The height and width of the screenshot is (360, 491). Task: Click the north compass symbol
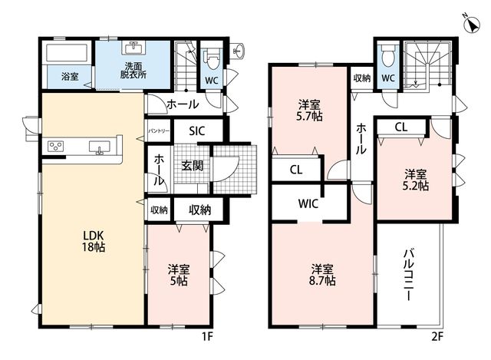[471, 23]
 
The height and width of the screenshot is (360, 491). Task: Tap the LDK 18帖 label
[94, 241]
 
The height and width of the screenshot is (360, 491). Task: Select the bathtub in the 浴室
[67, 53]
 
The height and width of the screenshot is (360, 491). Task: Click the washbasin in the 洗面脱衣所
[133, 48]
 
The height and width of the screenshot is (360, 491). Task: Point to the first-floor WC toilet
[212, 59]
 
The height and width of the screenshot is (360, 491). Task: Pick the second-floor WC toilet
[388, 56]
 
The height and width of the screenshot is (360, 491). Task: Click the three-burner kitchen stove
[55, 147]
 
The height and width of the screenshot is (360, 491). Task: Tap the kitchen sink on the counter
[99, 147]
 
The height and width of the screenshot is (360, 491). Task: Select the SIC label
[196, 130]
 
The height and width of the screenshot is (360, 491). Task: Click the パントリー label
[159, 130]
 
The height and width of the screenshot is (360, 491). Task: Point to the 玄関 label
[193, 166]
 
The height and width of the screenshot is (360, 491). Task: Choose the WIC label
[308, 203]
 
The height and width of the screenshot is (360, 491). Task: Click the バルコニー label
[407, 275]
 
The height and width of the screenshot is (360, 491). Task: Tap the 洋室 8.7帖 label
[322, 275]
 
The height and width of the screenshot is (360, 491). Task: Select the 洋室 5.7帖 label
[309, 110]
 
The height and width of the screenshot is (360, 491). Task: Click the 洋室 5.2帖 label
[416, 180]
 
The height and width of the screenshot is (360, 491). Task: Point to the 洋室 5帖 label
[179, 275]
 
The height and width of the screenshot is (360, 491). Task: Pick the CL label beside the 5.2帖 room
[401, 127]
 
